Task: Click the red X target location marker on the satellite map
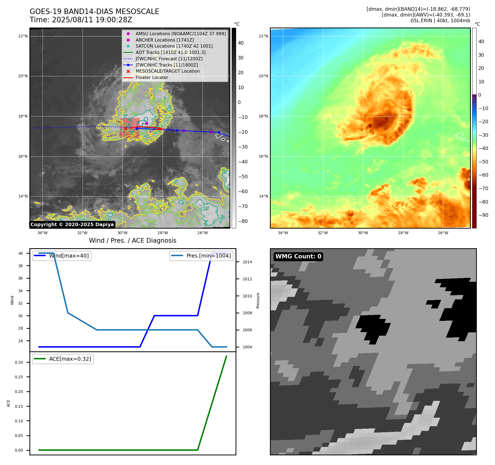[x=126, y=128]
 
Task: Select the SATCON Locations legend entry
[x=174, y=46]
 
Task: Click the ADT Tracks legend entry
[x=170, y=53]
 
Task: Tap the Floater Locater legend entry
[x=152, y=78]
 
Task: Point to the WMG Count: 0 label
[x=298, y=256]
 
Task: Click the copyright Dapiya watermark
[x=72, y=225]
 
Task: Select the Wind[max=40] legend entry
[x=69, y=256]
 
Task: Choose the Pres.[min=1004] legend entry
[x=208, y=256]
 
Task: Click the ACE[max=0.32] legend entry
[x=70, y=359]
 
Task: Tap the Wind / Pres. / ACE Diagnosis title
[x=132, y=240]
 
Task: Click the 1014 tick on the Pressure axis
[x=247, y=262]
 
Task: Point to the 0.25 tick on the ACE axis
[x=19, y=377]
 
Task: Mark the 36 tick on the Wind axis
[x=21, y=278]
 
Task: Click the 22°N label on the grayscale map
[x=23, y=36]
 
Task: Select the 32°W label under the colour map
[x=323, y=233]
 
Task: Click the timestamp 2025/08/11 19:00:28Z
[x=92, y=20]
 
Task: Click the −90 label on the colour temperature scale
[x=483, y=215]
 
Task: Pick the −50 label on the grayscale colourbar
[x=243, y=177]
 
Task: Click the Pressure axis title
[x=258, y=300]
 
